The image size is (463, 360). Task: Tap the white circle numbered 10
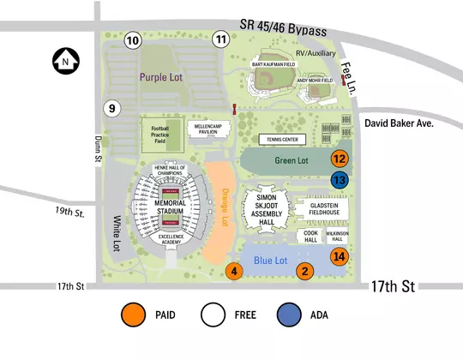tap(132, 40)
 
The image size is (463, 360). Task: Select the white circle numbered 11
tap(221, 39)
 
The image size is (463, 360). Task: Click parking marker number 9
tap(111, 108)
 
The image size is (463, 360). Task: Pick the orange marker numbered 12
tap(340, 159)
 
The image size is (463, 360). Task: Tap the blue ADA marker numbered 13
tap(340, 180)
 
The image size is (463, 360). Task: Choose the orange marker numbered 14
tap(340, 256)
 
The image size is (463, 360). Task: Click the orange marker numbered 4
tap(234, 271)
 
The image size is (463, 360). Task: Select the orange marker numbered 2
tap(303, 271)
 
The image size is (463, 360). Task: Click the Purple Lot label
tap(165, 76)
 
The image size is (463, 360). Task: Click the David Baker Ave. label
tap(400, 123)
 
